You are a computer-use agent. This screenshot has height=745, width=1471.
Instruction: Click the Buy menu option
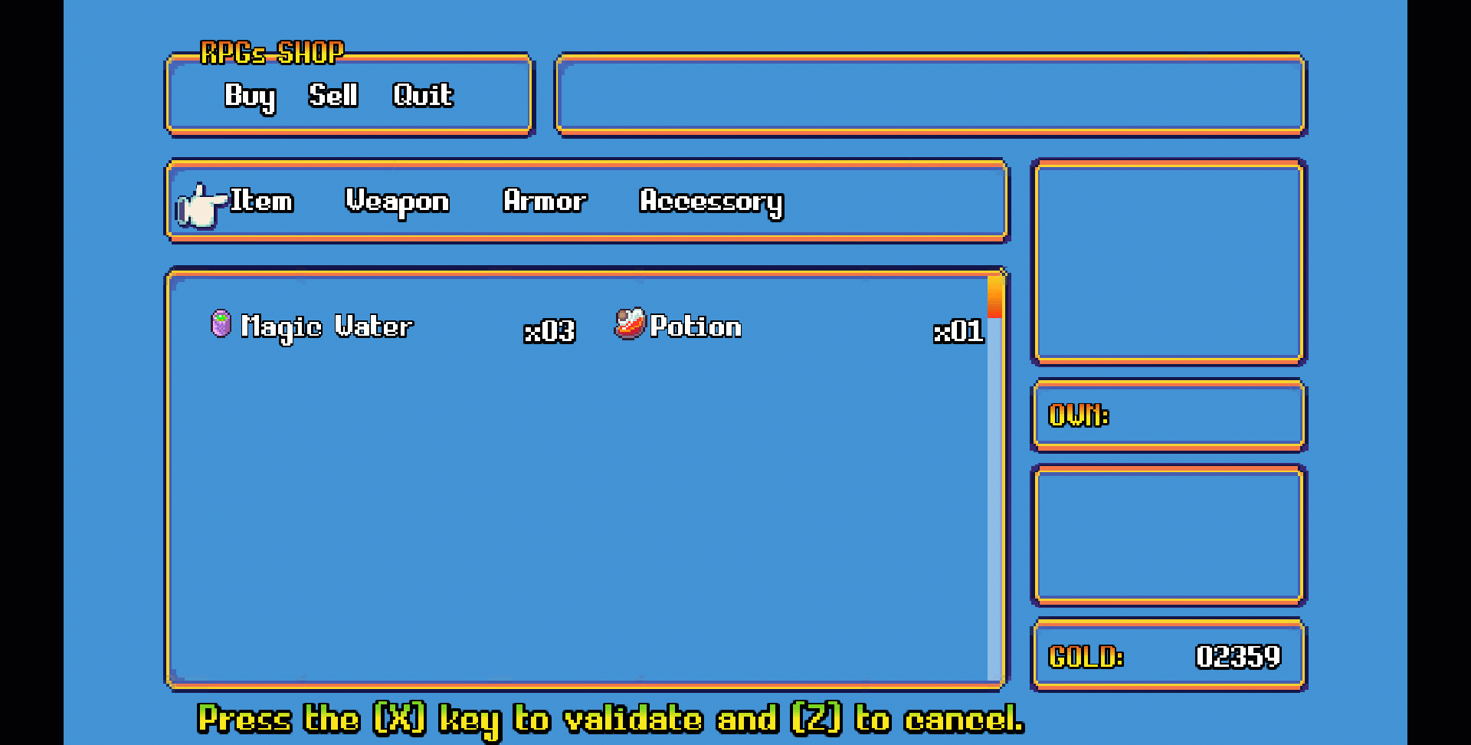pyautogui.click(x=249, y=97)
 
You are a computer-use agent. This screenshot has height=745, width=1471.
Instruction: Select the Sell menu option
pyautogui.click(x=333, y=95)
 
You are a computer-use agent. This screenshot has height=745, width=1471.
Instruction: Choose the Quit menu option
pyautogui.click(x=422, y=95)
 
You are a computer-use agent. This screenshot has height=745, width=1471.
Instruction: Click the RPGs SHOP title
pyautogui.click(x=272, y=53)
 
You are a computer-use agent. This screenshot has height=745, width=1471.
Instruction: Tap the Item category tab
pyautogui.click(x=261, y=201)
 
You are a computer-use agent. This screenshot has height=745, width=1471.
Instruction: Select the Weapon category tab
pyautogui.click(x=397, y=202)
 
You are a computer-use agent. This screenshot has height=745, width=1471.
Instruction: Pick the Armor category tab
pyautogui.click(x=545, y=201)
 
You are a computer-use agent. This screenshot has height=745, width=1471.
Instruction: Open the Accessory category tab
pyautogui.click(x=711, y=202)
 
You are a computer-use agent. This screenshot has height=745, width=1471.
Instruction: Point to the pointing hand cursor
pyautogui.click(x=201, y=205)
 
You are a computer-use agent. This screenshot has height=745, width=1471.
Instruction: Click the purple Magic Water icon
pyautogui.click(x=221, y=323)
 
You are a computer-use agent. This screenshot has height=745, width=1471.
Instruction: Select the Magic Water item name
pyautogui.click(x=327, y=327)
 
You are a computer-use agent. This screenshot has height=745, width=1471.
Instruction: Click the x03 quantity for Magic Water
pyautogui.click(x=549, y=331)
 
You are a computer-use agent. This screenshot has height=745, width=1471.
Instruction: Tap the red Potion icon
pyautogui.click(x=630, y=323)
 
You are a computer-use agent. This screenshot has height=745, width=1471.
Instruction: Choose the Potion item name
pyautogui.click(x=696, y=327)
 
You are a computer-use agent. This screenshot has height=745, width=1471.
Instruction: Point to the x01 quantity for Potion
pyautogui.click(x=958, y=331)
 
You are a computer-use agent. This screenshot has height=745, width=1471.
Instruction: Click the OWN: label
pyautogui.click(x=1078, y=415)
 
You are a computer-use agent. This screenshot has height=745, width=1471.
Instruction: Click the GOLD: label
pyautogui.click(x=1086, y=657)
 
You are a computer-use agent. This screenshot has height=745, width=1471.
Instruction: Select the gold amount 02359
pyautogui.click(x=1238, y=657)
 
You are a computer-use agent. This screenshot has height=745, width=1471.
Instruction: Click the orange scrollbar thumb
pyautogui.click(x=995, y=297)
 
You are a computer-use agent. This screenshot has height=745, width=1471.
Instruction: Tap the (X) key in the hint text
pyautogui.click(x=399, y=719)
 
